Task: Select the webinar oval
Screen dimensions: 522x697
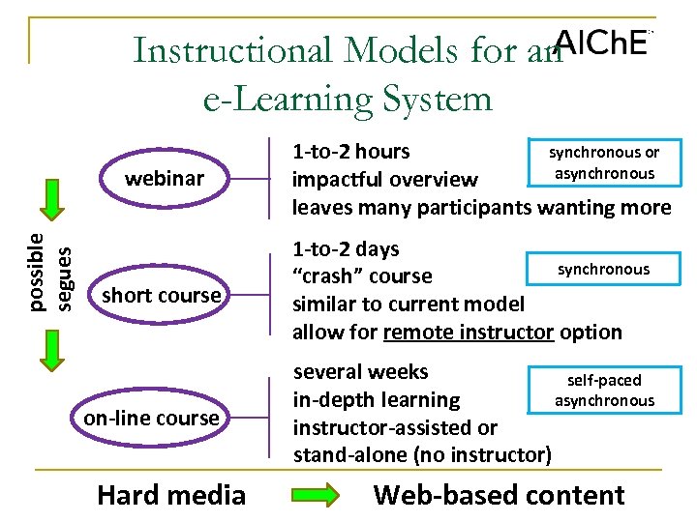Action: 164,179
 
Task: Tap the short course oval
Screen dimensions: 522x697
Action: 161,295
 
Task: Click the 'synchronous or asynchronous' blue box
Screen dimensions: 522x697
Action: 604,162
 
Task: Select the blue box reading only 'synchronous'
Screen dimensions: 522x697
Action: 603,269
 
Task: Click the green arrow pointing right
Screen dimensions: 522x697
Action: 316,495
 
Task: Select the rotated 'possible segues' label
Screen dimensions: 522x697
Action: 48,272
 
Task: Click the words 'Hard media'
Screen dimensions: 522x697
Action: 171,495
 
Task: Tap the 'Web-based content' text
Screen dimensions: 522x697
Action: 499,495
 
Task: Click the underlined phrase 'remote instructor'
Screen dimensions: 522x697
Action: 468,332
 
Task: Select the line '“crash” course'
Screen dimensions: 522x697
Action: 362,276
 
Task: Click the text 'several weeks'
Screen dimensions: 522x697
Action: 360,371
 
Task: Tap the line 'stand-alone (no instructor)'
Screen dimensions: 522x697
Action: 422,454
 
